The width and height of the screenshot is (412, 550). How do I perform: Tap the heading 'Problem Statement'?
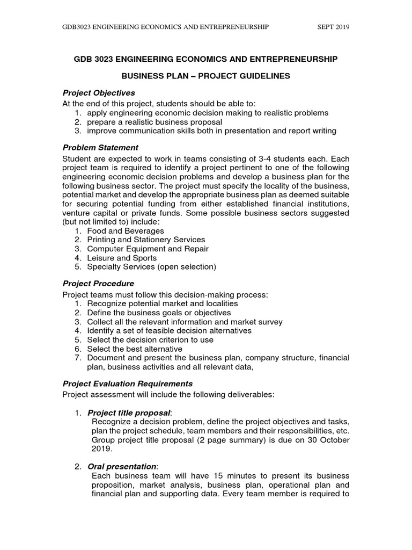click(100, 147)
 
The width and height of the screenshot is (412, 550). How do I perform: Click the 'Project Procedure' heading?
click(98, 283)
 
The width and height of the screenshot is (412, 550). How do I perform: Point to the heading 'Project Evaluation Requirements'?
click(127, 383)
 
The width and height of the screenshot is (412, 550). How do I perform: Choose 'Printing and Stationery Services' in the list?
click(146, 240)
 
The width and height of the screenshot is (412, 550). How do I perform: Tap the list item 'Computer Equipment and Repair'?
click(148, 249)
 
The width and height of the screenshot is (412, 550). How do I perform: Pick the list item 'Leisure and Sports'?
click(122, 258)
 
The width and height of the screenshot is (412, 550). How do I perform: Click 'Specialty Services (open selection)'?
click(151, 267)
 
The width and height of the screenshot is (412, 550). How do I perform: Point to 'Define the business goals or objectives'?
click(159, 313)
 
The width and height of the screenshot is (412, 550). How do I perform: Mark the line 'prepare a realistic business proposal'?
click(154, 121)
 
